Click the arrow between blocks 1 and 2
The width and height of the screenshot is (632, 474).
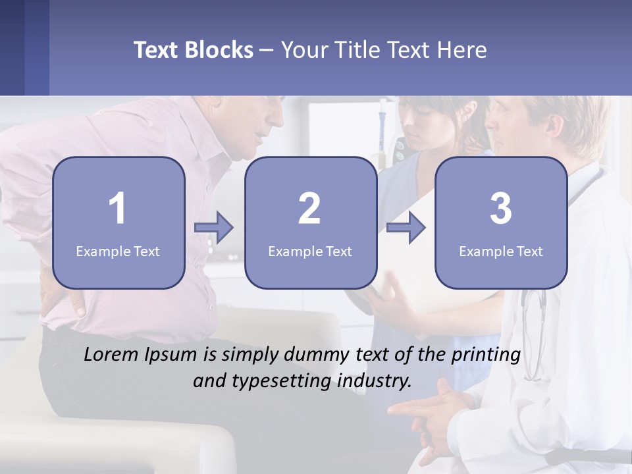214,228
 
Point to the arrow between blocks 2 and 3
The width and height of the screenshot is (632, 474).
406,228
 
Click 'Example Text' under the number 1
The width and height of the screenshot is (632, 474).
118,251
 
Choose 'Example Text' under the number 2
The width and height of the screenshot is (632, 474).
310,251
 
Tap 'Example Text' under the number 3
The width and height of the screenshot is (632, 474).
501,251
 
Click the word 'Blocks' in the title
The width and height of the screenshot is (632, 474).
219,50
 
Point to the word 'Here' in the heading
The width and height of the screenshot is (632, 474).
462,50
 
